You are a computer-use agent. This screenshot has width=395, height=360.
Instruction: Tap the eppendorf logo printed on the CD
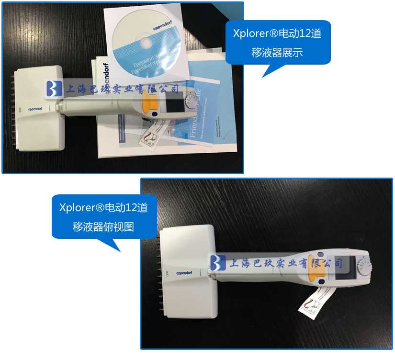(162, 28)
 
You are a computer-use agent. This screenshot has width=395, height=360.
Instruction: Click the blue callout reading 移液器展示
(277, 43)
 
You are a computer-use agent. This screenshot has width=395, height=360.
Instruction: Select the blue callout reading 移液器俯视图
(104, 216)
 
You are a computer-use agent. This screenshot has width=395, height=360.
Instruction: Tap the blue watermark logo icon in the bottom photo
(218, 263)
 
